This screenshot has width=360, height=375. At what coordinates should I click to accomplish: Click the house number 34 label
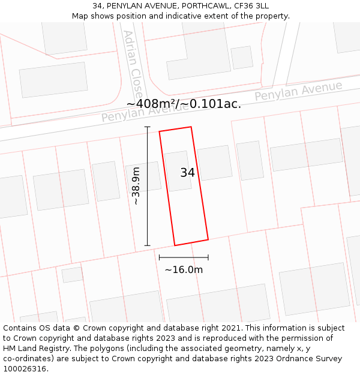pos(187,173)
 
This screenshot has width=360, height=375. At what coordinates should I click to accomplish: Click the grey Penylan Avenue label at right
pos(298,91)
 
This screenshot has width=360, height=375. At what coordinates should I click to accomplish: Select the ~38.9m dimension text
pos(136,186)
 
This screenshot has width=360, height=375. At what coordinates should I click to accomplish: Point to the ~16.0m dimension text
pos(184,269)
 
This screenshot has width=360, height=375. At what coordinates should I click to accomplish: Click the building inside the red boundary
pos(178,171)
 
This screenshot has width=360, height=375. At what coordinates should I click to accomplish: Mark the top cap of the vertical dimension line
pos(147,127)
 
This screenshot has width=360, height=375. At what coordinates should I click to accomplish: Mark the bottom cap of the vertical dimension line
pos(147,245)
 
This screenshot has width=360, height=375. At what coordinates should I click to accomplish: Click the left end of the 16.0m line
pos(159,257)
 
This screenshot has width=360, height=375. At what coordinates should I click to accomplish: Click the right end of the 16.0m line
pos(208,257)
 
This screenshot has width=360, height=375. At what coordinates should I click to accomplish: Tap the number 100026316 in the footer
pos(25,369)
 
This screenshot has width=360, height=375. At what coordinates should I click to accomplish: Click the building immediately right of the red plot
pos(215,163)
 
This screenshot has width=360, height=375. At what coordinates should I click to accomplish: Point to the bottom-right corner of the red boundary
pos(208,240)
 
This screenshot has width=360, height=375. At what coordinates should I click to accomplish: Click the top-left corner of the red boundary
pos(159,132)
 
